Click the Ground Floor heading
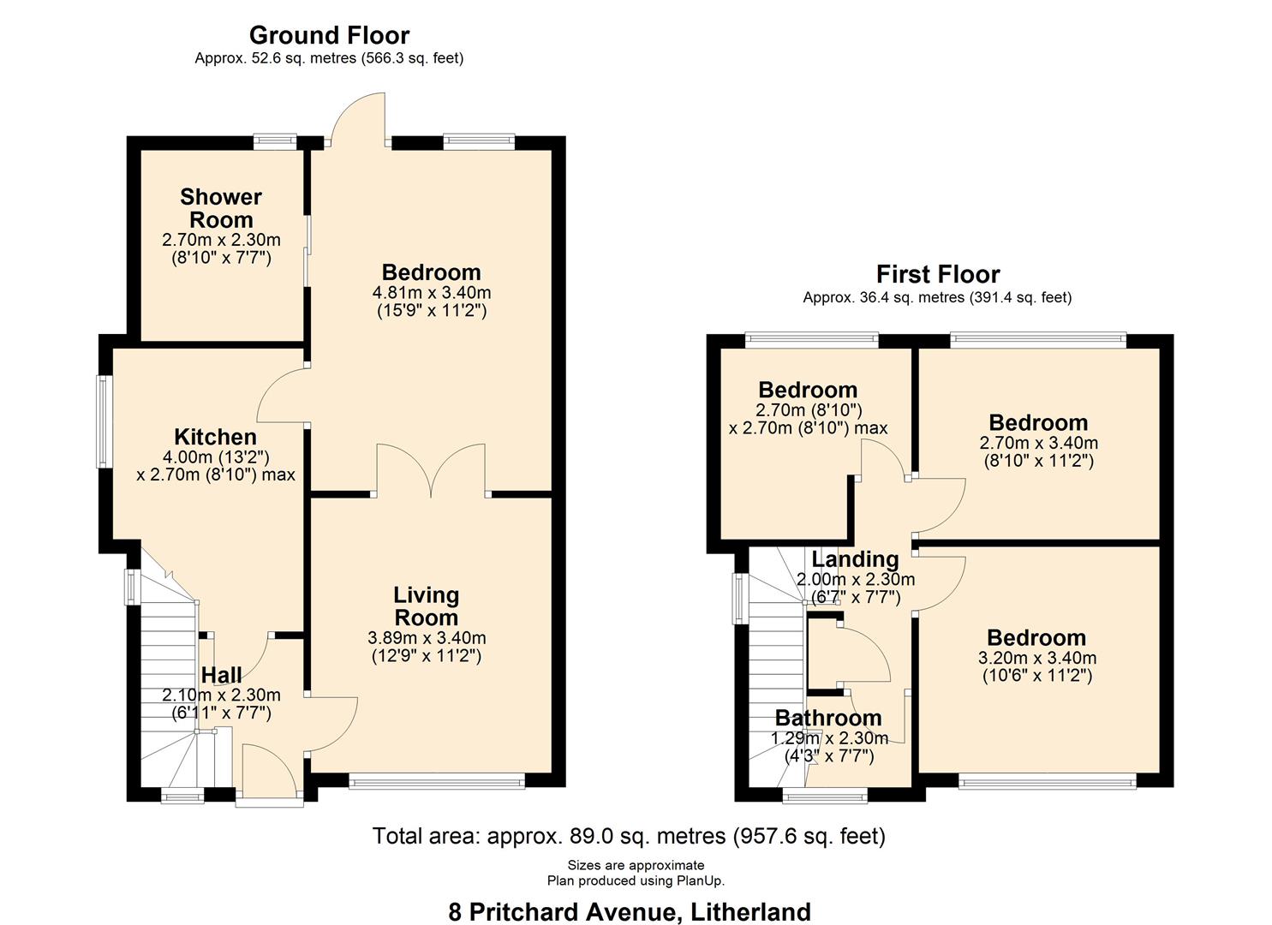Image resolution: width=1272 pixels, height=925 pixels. click(x=329, y=35)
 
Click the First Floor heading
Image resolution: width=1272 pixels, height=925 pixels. click(x=937, y=274)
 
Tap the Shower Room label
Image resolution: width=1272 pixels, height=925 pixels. click(x=221, y=208)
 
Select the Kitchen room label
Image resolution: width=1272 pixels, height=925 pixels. click(x=215, y=437)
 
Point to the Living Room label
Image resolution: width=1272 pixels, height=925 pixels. click(x=426, y=606)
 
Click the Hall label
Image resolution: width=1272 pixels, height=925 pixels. click(x=221, y=675)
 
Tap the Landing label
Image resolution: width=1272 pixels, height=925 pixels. click(x=855, y=559)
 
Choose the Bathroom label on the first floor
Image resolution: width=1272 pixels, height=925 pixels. click(x=827, y=718)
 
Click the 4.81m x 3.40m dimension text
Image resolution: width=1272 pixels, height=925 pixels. click(x=432, y=292)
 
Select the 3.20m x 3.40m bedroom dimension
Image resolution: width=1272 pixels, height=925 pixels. click(x=1036, y=658)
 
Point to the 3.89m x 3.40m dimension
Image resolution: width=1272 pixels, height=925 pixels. click(x=427, y=638)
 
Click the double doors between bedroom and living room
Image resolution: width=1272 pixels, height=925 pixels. click(x=431, y=471)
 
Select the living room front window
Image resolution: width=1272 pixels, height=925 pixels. click(x=437, y=780)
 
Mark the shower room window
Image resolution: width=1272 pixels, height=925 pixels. click(x=275, y=142)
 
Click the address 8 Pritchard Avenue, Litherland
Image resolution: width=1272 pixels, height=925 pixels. click(x=629, y=911)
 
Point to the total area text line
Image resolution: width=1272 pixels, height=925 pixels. click(x=629, y=836)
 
